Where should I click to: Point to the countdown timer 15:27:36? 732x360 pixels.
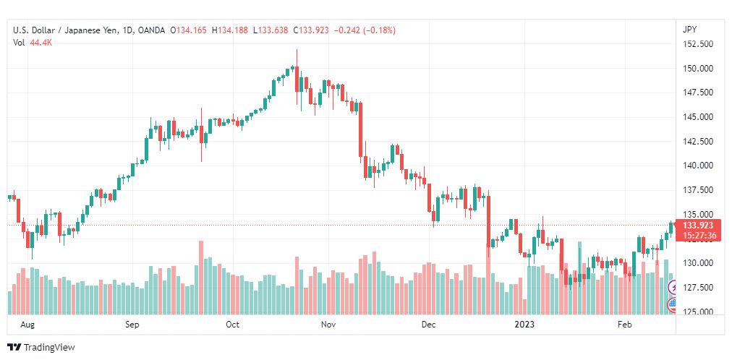pos(699,236)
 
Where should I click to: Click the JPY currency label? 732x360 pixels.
pos(689,30)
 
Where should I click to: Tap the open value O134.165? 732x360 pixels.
pos(188,30)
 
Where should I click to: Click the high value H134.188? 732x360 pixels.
pos(230,30)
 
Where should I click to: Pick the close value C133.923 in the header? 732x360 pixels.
pos(311,30)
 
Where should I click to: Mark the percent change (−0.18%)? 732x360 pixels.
pos(376,30)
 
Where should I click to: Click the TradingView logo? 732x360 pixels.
pos(41,348)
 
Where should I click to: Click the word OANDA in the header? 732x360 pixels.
pos(152,30)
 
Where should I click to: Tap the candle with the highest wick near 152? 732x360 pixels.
pos(297,77)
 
